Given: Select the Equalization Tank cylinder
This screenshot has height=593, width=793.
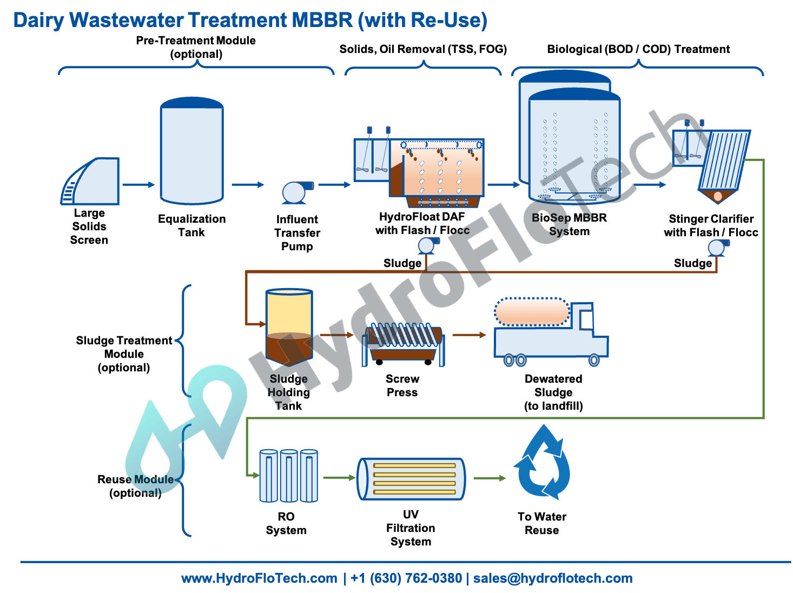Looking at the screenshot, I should tap(191, 151).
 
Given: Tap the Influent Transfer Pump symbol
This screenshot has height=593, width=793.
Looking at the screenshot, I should tap(295, 192).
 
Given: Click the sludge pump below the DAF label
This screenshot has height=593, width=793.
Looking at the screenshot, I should tap(427, 245).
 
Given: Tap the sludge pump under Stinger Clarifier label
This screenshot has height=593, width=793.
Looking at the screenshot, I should tap(717, 248).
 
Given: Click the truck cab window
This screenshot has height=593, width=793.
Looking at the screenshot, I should tap(586, 319).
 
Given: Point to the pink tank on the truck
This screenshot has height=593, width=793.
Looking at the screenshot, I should tap(532, 312).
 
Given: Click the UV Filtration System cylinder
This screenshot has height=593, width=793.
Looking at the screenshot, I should tap(411, 478).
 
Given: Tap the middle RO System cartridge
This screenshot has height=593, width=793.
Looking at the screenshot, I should tap(288, 476).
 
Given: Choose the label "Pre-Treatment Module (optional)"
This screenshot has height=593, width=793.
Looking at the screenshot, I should tap(196, 47).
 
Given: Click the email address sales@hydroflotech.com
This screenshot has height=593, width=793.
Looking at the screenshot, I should tap(552, 578).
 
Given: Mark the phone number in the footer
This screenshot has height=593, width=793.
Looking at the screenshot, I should tap(406, 578).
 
